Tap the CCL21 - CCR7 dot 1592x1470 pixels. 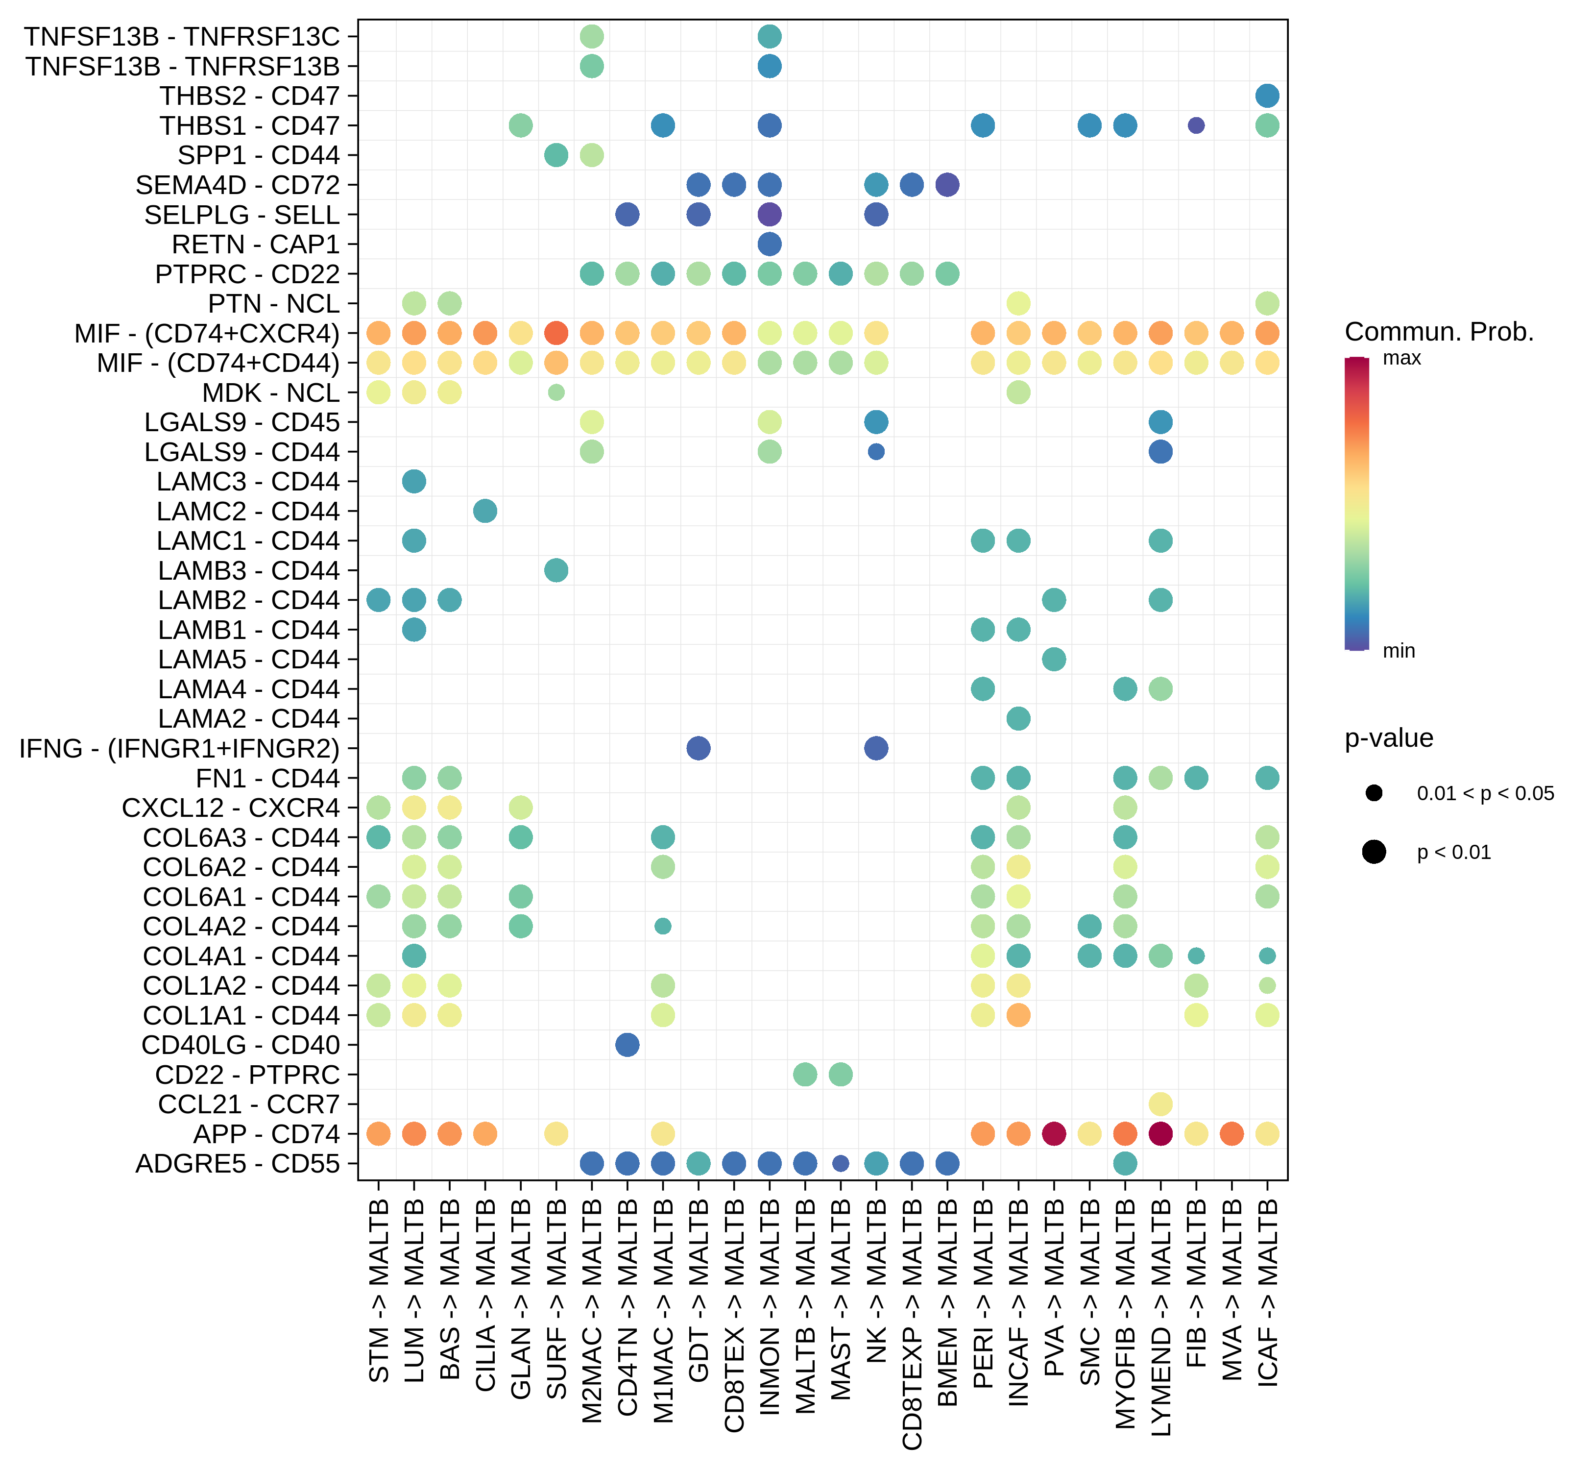pyautogui.click(x=1160, y=1104)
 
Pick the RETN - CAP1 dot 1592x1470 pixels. pyautogui.click(x=769, y=244)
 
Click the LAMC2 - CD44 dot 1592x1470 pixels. pyautogui.click(x=485, y=511)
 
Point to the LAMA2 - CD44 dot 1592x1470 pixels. pyautogui.click(x=1019, y=718)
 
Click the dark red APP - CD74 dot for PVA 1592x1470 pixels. pyautogui.click(x=1054, y=1133)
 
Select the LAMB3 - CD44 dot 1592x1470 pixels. pyautogui.click(x=556, y=570)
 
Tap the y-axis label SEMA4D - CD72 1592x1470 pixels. pyautogui.click(x=238, y=185)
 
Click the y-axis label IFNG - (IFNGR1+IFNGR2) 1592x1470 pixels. pyautogui.click(x=180, y=749)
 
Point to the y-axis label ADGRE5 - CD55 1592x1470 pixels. pyautogui.click(x=238, y=1164)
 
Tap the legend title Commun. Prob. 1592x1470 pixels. pyautogui.click(x=1439, y=332)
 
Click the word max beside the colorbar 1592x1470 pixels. pyautogui.click(x=1402, y=358)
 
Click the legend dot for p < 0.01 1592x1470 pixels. pyautogui.click(x=1374, y=852)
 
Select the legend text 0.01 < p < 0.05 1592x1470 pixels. pyautogui.click(x=1485, y=793)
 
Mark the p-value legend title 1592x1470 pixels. pyautogui.click(x=1389, y=738)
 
